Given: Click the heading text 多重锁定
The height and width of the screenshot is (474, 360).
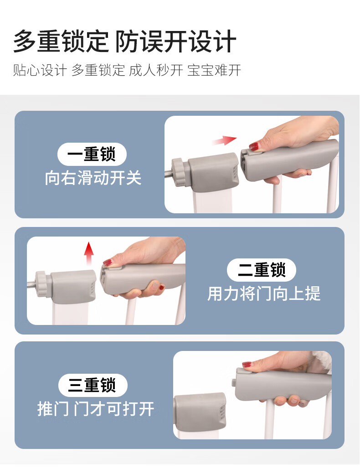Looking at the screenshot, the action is point(61,41).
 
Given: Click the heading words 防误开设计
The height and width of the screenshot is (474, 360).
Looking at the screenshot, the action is point(175,41).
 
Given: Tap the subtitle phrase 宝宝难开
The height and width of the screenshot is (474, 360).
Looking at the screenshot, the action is point(214,70).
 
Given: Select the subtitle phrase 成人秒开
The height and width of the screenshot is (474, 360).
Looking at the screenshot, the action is point(156,70).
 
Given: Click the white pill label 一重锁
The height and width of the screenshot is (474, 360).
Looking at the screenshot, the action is point(92,154).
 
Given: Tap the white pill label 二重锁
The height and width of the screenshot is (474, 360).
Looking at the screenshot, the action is point(262,270).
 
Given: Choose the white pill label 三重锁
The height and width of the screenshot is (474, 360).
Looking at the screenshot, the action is point(93,385).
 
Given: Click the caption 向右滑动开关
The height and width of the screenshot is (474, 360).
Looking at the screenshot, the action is point(93,178).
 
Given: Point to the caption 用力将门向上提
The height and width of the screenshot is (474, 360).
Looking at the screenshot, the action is point(263,294).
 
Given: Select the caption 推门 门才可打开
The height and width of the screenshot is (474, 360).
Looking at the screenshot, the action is point(96,409).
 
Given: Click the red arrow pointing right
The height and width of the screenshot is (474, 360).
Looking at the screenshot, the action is point(224,140).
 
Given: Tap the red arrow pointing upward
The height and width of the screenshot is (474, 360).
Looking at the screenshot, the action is point(88,253).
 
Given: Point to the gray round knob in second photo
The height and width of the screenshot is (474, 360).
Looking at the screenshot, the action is point(43,283).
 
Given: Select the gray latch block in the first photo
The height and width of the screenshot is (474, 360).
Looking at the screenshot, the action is point(213,171).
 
